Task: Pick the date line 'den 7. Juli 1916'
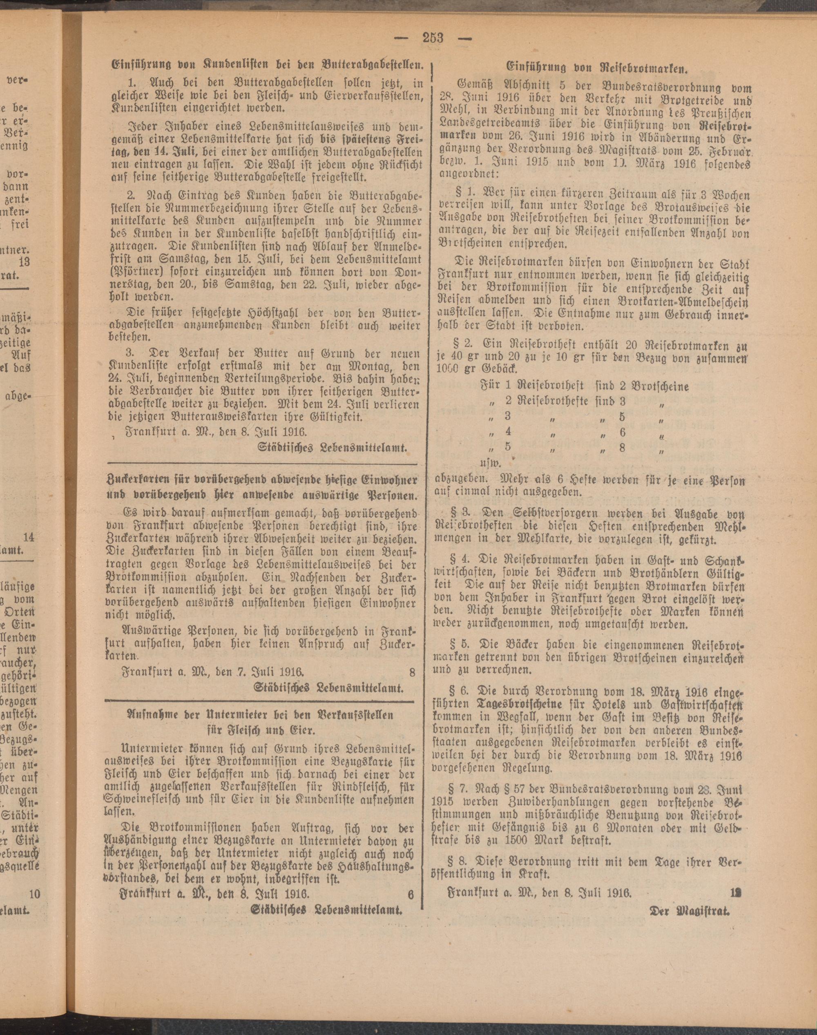[x=259, y=672]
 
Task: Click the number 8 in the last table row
[x=622, y=448]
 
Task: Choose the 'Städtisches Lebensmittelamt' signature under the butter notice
[x=333, y=448]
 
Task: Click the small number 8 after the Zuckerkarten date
[x=412, y=672]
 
